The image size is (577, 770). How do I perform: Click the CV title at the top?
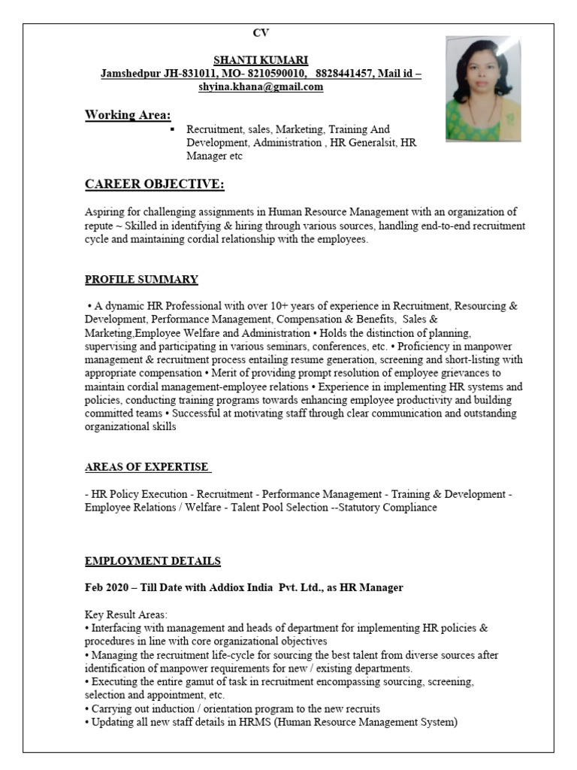(261, 32)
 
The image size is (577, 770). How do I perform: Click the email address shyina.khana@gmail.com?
(261, 86)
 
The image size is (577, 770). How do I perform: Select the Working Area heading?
(128, 114)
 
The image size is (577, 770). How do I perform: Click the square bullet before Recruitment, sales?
(173, 129)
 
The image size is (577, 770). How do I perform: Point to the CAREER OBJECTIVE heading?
(154, 184)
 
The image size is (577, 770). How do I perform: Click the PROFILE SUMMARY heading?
(141, 280)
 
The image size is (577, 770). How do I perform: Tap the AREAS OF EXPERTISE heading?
(147, 467)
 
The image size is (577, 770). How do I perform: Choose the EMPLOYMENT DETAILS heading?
(153, 561)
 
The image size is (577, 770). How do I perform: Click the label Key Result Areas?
(126, 614)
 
